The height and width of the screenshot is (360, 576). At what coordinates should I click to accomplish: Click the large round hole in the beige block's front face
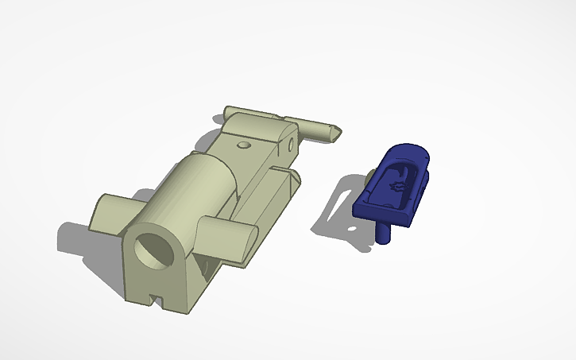point(154,254)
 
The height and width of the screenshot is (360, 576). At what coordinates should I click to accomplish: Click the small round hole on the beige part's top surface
point(244,146)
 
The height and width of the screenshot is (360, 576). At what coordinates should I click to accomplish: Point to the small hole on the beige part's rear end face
point(292,143)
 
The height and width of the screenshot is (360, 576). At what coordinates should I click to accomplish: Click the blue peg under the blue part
point(385,233)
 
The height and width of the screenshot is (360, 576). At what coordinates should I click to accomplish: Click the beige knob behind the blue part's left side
point(370,174)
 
